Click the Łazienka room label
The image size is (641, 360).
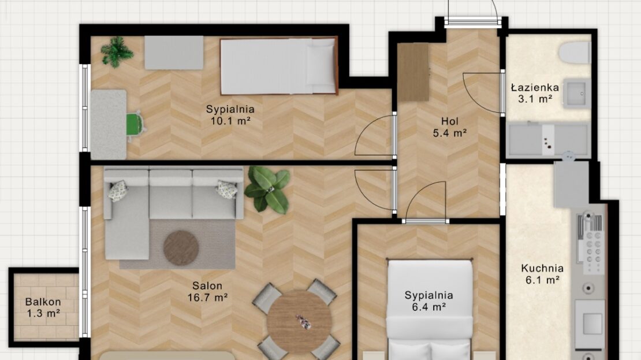535,87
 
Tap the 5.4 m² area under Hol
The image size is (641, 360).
450,133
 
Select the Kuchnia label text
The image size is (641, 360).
542,268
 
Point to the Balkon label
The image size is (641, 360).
43,302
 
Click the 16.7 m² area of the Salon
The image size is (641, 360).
207,298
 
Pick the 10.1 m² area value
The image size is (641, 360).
230,121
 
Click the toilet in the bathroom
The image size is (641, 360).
575,53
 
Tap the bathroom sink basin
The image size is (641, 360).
577,93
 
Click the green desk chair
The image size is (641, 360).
136,124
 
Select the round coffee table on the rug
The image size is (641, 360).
181,248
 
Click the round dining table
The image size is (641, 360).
299,322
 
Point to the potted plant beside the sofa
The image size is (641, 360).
268,190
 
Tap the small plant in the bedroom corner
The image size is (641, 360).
117,51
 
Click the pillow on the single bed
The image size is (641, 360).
320,65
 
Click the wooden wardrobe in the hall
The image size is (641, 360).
413,72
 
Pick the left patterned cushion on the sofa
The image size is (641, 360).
118,191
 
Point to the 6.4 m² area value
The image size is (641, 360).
428,307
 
